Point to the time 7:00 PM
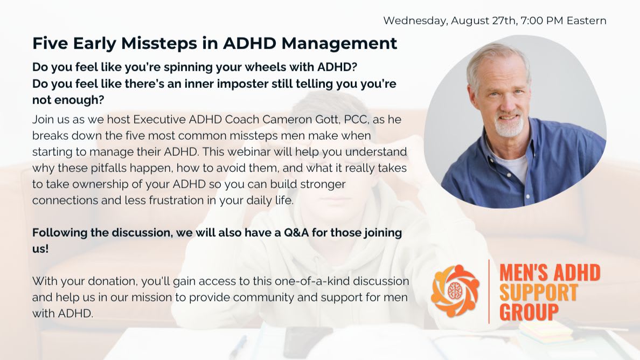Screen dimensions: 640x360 [x=542, y=20]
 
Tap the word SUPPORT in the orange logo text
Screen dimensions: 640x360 [x=539, y=293]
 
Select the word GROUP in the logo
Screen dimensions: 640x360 [x=529, y=312]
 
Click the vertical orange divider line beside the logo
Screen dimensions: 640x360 [x=489, y=292]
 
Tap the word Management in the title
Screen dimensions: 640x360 [x=339, y=44]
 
